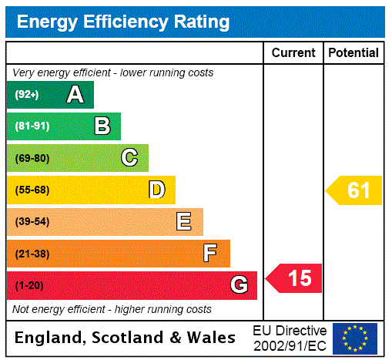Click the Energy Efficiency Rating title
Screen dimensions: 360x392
tap(122, 22)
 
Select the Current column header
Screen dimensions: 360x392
tap(293, 53)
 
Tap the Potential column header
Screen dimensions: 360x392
tap(353, 53)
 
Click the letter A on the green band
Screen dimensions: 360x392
tap(75, 95)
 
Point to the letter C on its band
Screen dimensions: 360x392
tap(129, 158)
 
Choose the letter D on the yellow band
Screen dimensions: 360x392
tap(157, 190)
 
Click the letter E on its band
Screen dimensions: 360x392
tap(184, 222)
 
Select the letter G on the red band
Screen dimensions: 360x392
tap(239, 285)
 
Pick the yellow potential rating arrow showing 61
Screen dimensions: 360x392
tap(354, 190)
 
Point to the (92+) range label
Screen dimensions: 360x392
tap(27, 95)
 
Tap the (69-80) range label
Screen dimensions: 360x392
tap(32, 158)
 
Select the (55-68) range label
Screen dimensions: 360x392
tap(32, 190)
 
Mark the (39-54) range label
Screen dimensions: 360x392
tap(32, 222)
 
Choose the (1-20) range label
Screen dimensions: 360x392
tap(29, 285)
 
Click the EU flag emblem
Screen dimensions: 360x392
tap(355, 338)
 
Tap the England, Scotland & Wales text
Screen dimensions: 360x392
tap(126, 338)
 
